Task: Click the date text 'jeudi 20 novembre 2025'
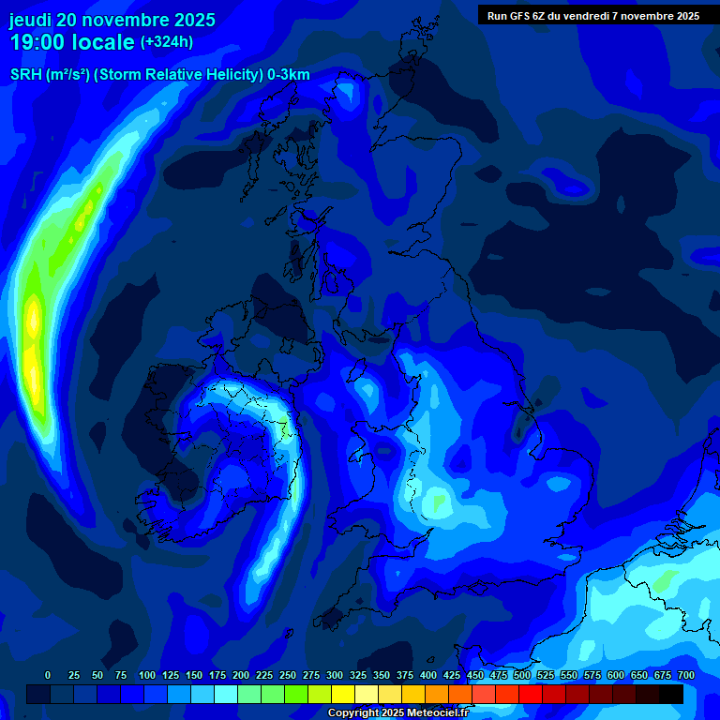tap(112, 20)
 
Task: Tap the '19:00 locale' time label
tap(73, 42)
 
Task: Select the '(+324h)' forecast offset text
tap(166, 42)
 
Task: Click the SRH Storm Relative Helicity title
tap(159, 75)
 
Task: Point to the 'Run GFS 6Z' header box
tap(593, 16)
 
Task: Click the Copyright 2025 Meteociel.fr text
tap(397, 712)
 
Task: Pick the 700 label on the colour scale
tap(685, 675)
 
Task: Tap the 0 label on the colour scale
tap(48, 675)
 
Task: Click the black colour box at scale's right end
tap(671, 694)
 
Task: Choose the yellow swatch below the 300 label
tap(342, 694)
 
